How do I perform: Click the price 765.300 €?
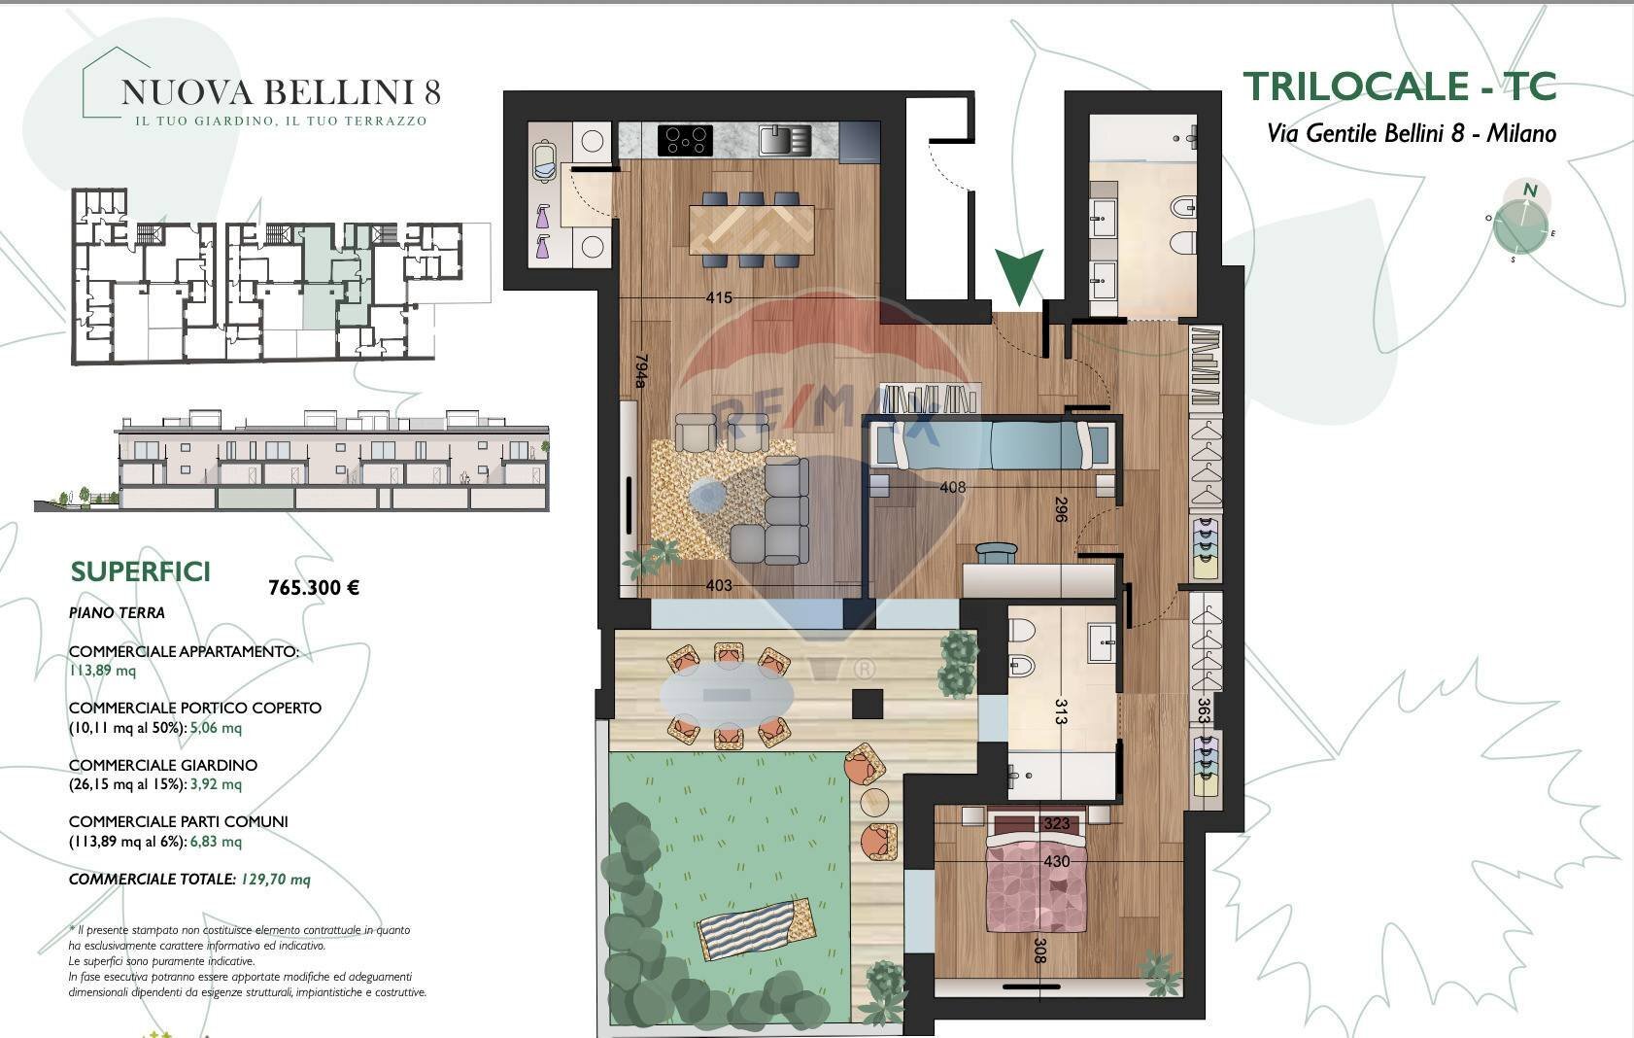313,587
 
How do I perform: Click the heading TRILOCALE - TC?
1399,86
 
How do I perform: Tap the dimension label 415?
719,298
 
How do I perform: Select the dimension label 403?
718,585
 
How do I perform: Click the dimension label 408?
953,487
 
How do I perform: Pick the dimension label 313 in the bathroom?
1060,712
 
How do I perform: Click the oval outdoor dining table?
728,695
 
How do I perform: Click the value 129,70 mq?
275,879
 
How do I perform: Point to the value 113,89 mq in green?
102,670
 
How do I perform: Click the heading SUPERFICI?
141,571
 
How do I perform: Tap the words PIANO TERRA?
117,612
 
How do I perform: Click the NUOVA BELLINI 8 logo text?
281,92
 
